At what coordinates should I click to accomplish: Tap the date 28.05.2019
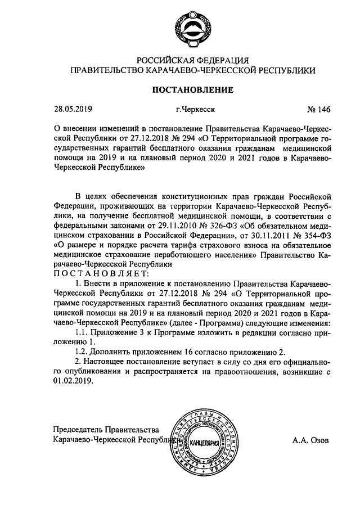coord(73,110)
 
